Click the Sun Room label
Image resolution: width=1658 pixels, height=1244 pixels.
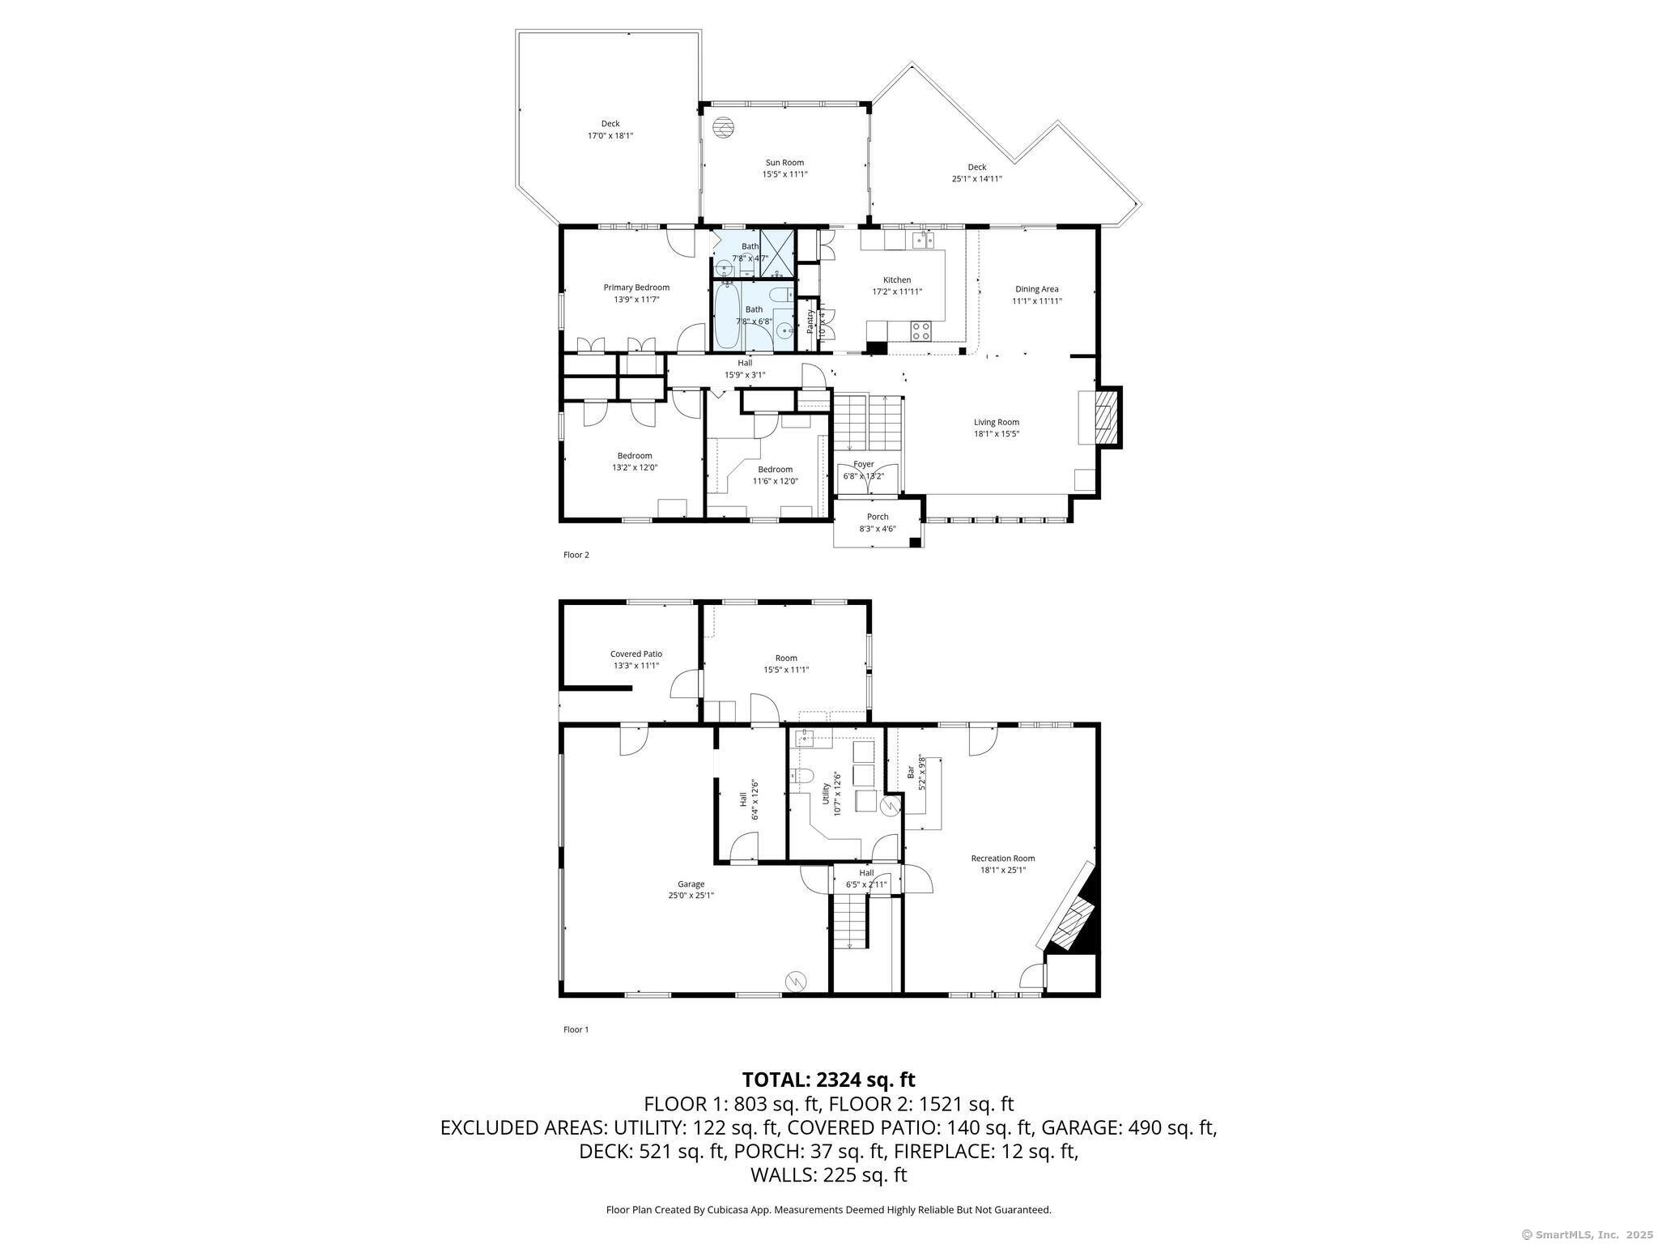[784, 163]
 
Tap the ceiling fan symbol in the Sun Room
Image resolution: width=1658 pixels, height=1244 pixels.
[722, 127]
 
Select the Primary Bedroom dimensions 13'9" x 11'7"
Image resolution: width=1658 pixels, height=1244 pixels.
[636, 300]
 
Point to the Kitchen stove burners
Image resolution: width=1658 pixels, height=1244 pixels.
[921, 330]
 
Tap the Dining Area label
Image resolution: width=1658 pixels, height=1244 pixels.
[1036, 289]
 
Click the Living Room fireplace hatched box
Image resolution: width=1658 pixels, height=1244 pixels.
[1103, 417]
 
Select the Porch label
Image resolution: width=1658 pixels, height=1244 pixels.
[878, 517]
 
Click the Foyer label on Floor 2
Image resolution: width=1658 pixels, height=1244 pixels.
[863, 464]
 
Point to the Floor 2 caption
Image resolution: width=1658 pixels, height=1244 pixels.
[576, 555]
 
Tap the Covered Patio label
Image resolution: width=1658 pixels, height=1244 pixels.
[636, 654]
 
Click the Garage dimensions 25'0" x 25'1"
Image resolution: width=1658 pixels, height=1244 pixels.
[691, 896]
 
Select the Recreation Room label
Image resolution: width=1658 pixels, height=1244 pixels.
[1002, 858]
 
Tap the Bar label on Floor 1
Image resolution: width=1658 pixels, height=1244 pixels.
[911, 772]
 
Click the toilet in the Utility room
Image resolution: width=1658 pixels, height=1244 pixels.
[802, 776]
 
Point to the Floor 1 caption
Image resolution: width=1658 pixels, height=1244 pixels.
[576, 1029]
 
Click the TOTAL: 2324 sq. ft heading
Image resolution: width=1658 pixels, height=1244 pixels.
[828, 1080]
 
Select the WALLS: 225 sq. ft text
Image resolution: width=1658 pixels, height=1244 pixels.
[828, 1174]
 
